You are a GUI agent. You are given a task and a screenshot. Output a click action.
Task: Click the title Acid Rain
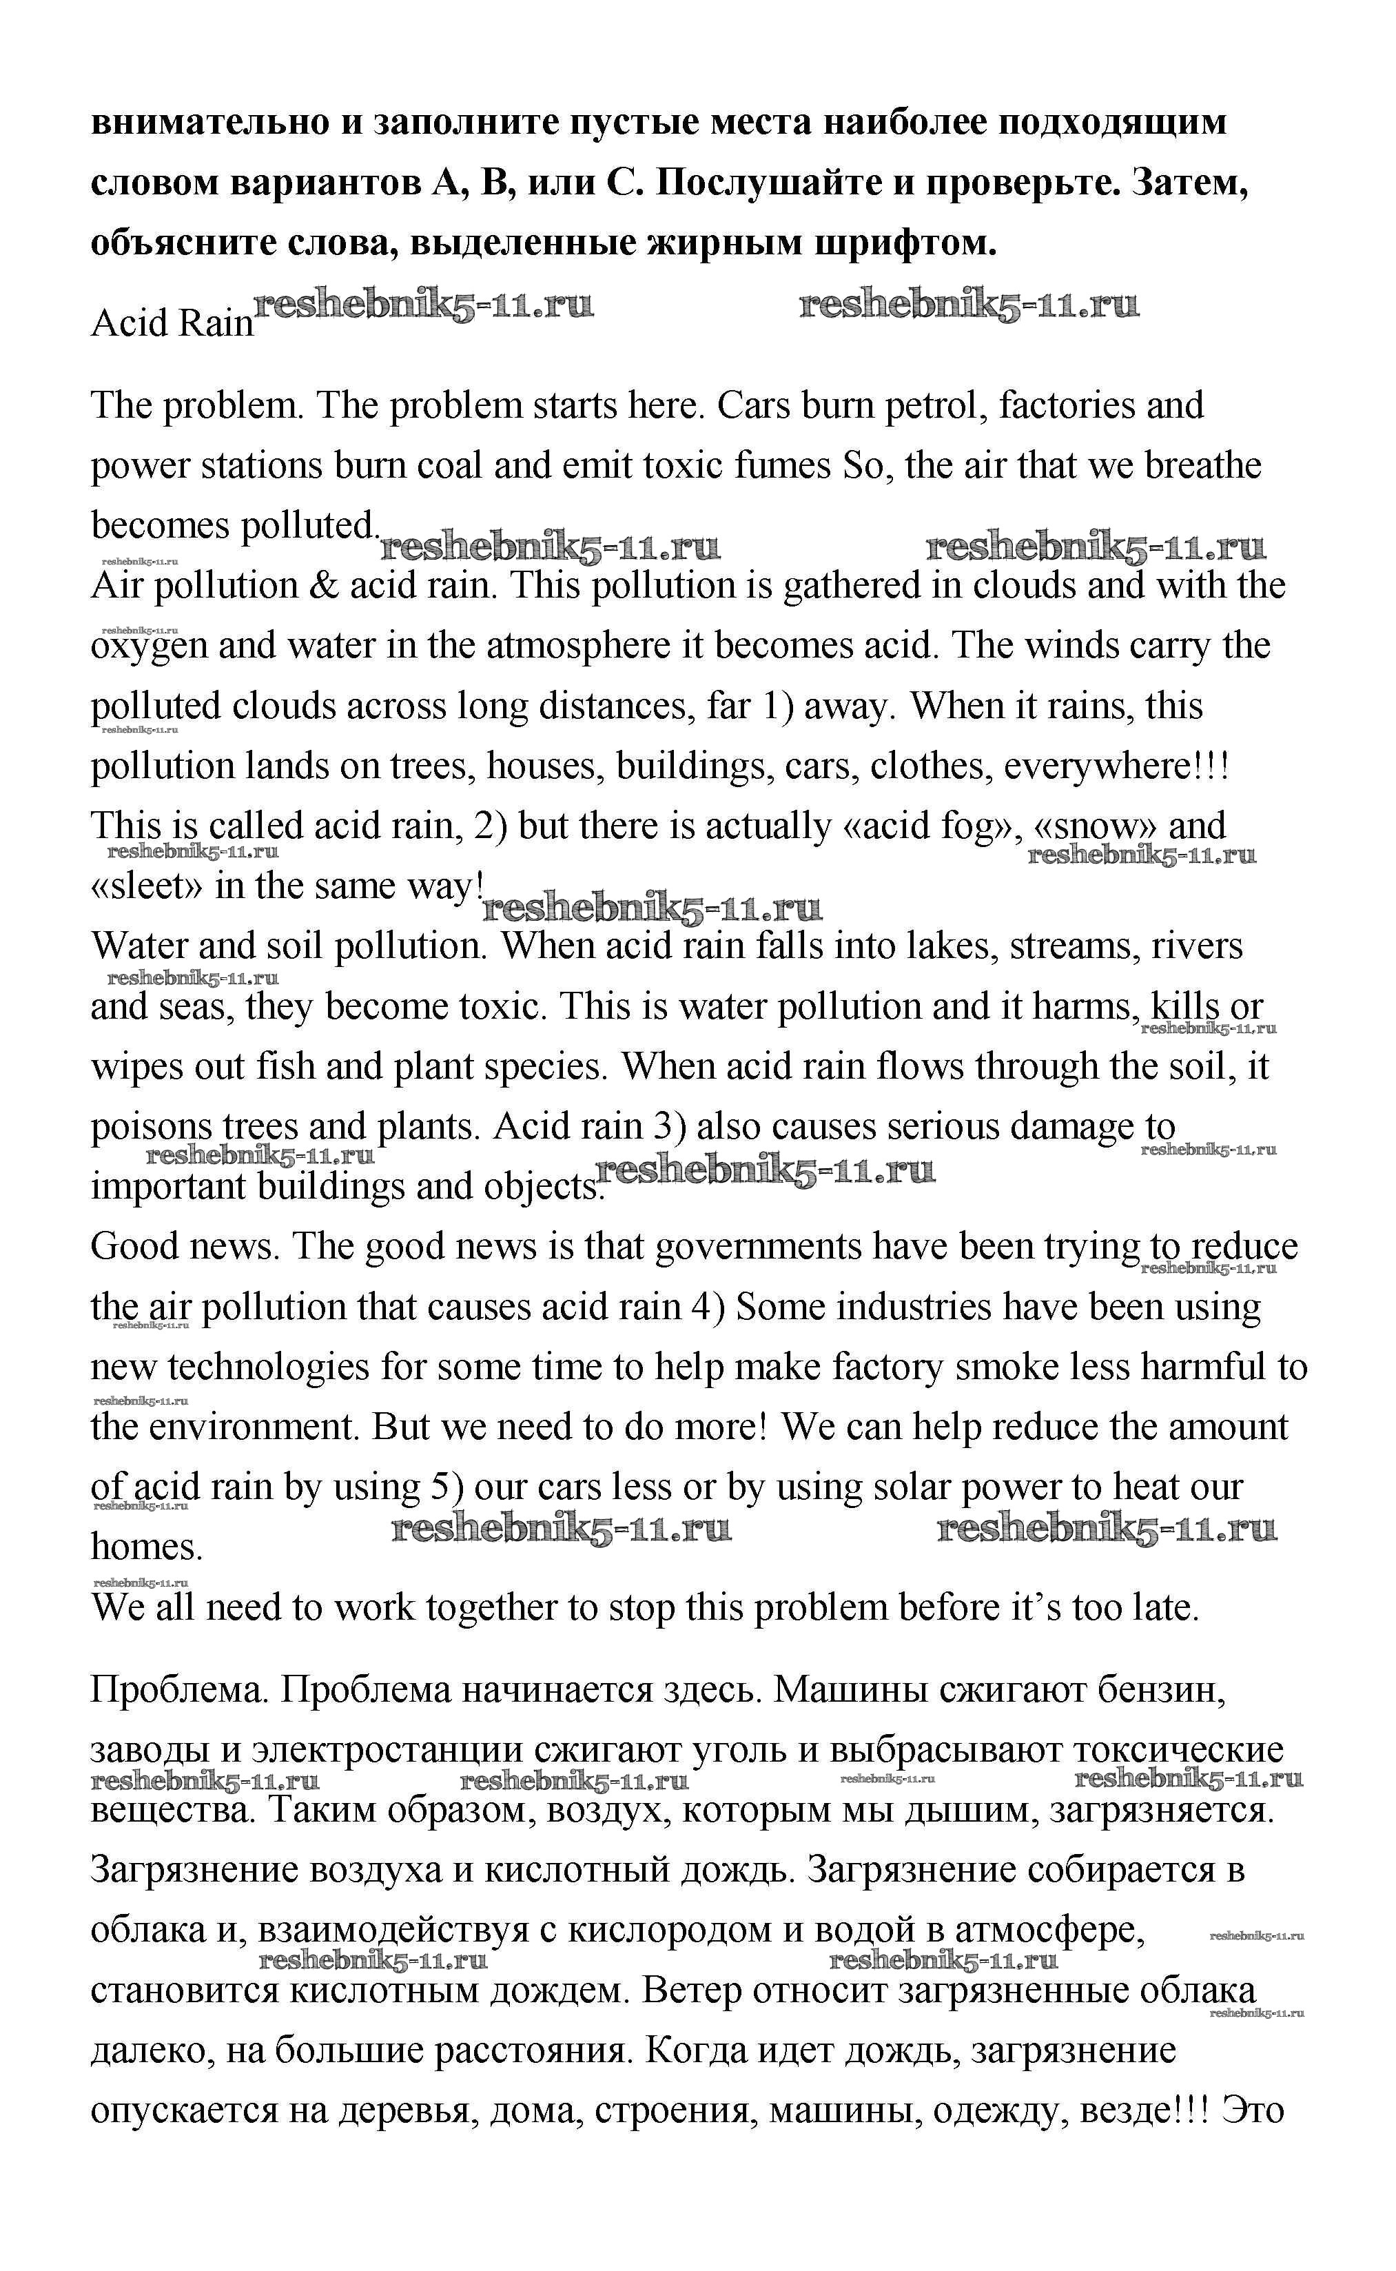(x=172, y=323)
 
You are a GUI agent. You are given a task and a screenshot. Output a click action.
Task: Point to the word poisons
(x=150, y=1128)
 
